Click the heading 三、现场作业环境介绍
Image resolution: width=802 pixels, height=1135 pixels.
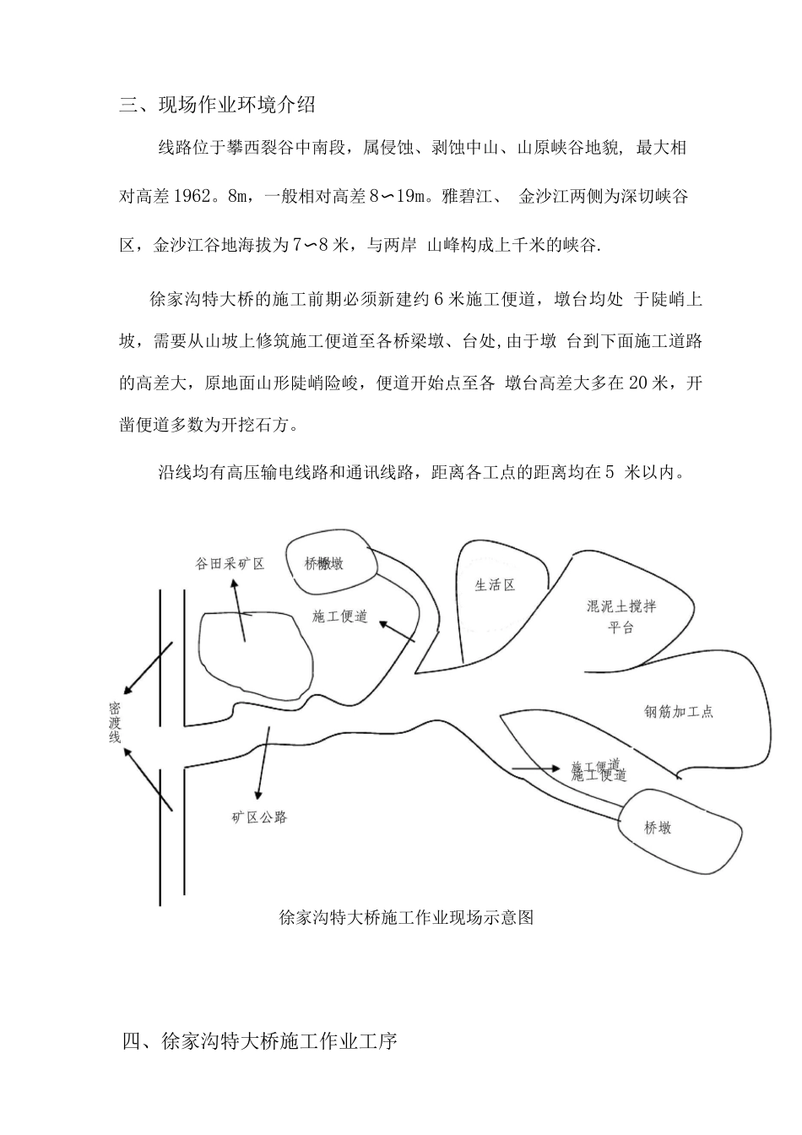[x=218, y=106]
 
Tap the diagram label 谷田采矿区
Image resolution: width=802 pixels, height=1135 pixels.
[x=230, y=564]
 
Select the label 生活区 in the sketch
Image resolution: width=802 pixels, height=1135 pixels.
[x=495, y=584]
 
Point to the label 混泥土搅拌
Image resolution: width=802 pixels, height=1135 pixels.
[x=621, y=606]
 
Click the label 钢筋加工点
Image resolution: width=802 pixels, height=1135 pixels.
[x=679, y=712]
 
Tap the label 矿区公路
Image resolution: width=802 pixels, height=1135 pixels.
[x=260, y=817]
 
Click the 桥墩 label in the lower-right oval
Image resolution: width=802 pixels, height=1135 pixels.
[x=658, y=828]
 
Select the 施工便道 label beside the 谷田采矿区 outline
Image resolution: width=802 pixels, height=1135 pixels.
[x=340, y=616]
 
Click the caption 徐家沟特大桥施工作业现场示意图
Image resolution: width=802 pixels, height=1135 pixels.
[x=405, y=918]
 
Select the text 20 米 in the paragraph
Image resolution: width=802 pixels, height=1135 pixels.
[x=648, y=383]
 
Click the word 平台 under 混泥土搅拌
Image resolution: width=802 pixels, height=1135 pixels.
[x=620, y=628]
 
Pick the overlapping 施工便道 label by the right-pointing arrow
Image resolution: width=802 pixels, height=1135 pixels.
[x=598, y=771]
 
